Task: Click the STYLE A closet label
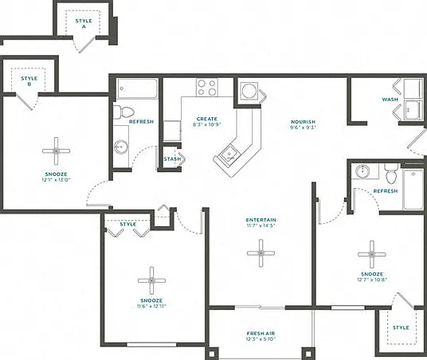pyautogui.click(x=84, y=24)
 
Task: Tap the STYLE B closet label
pyautogui.click(x=29, y=81)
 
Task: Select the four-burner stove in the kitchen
pyautogui.click(x=207, y=88)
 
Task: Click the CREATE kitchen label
pyautogui.click(x=207, y=119)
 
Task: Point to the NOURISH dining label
pyautogui.click(x=303, y=122)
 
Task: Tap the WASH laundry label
pyautogui.click(x=390, y=100)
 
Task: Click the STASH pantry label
pyautogui.click(x=172, y=158)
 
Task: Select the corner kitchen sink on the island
pyautogui.click(x=229, y=155)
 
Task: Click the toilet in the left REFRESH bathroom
pyautogui.click(x=123, y=112)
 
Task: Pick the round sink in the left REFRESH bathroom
pyautogui.click(x=121, y=147)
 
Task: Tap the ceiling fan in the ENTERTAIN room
pyautogui.click(x=261, y=253)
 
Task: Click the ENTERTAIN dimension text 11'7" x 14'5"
pyautogui.click(x=261, y=225)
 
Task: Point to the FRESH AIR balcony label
pyautogui.click(x=261, y=333)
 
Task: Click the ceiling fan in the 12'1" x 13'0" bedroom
pyautogui.click(x=56, y=151)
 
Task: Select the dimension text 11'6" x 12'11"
pyautogui.click(x=151, y=306)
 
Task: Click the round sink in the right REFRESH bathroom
pyautogui.click(x=362, y=171)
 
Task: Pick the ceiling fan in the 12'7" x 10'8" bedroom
pyautogui.click(x=372, y=255)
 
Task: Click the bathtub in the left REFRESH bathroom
pyautogui.click(x=137, y=88)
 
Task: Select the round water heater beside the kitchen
pyautogui.click(x=249, y=90)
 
